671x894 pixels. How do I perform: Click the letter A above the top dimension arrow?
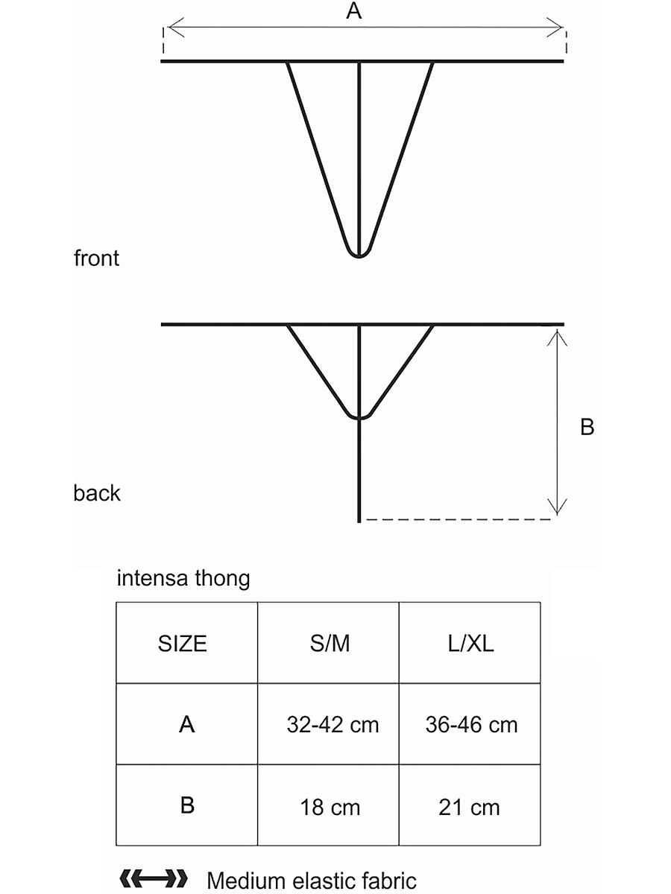[355, 11]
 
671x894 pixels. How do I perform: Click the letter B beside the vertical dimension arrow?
[587, 428]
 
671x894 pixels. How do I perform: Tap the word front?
[96, 259]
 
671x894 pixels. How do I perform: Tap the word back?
[97, 493]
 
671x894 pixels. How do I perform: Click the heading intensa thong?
[183, 578]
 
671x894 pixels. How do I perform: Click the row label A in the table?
[186, 724]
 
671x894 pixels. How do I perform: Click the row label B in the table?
[186, 806]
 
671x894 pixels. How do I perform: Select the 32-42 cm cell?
[333, 724]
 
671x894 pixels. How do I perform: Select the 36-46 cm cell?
[471, 724]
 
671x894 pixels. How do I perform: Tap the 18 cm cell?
[330, 807]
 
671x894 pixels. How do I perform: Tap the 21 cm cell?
[469, 807]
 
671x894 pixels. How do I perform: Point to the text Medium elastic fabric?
[312, 881]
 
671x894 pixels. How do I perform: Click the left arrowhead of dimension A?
[171, 28]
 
